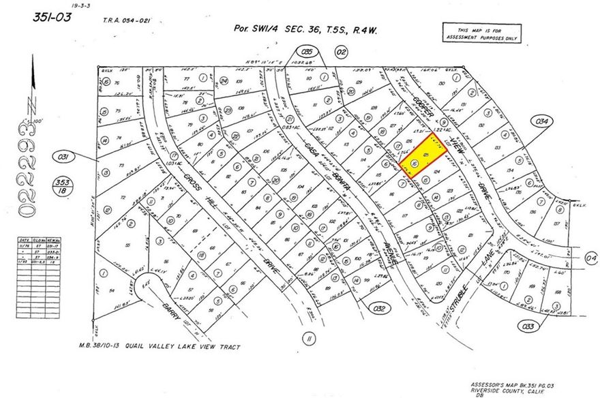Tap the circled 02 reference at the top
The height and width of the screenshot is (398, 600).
pos(342,50)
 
